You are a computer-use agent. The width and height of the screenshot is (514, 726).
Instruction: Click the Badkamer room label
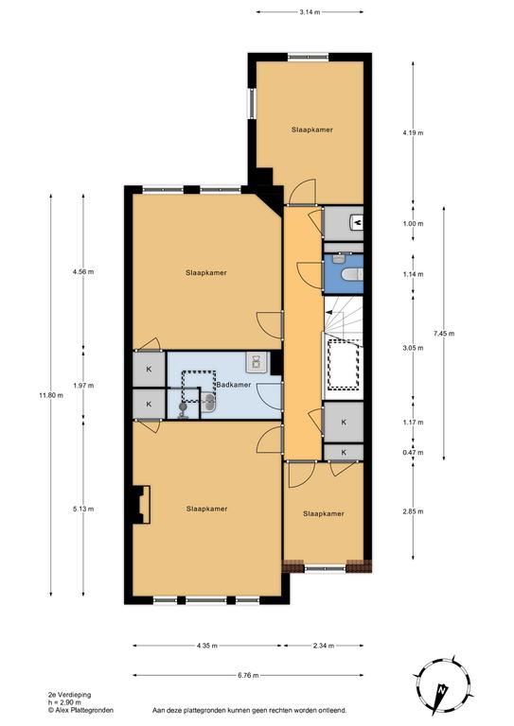pos(234,385)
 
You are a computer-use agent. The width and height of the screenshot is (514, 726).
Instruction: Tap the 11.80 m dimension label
pos(51,395)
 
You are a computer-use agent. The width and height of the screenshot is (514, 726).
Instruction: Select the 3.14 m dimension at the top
pos(310,12)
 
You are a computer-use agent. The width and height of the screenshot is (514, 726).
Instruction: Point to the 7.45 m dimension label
pos(444,334)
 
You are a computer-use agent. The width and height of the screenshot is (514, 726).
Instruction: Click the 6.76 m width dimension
pos(248,676)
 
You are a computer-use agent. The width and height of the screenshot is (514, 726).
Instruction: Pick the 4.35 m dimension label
pos(206,646)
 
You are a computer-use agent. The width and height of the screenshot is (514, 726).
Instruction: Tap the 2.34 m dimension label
pos(324,646)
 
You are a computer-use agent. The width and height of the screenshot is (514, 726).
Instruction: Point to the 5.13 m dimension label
pos(83,510)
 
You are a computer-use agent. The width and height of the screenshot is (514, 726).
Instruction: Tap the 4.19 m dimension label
pos(413,133)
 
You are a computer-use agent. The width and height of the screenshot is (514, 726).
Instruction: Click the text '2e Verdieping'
pos(69,695)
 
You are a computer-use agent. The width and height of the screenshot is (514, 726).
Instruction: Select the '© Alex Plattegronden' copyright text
pos(80,710)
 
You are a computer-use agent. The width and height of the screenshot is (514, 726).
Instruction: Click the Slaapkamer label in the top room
pos(312,130)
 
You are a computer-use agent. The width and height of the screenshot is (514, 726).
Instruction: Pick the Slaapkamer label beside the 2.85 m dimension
pos(324,514)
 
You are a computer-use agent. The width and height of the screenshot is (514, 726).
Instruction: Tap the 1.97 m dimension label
pos(83,386)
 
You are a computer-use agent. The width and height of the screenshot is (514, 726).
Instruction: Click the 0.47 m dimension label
pos(413,453)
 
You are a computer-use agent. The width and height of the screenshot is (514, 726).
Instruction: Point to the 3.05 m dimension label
pos(413,348)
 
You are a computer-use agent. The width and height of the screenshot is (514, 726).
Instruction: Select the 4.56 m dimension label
pos(83,272)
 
